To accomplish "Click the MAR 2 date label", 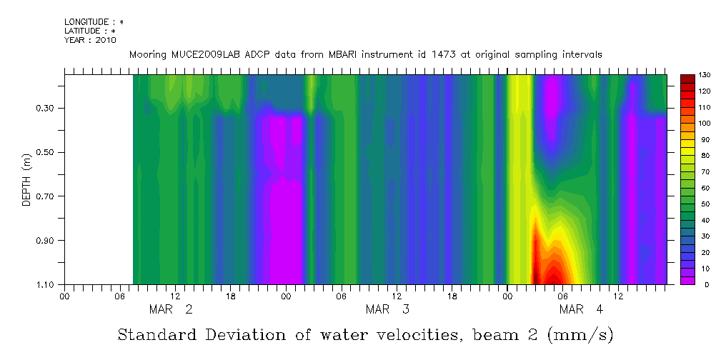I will click(170, 309).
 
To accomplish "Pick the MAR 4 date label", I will click(581, 309).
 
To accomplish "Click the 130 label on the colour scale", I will click(704, 75).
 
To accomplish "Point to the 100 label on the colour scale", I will click(704, 124).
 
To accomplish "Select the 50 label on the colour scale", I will click(702, 204).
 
